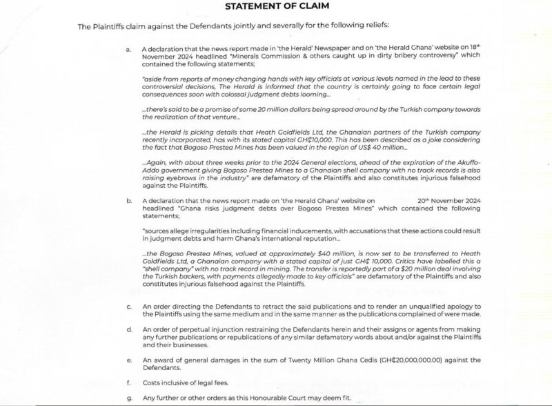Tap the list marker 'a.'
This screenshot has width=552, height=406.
pos(128,50)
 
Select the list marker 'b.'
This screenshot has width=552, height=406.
pos(128,200)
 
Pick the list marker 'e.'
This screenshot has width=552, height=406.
pos(128,360)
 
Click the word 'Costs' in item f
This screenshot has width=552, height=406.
pos(152,381)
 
